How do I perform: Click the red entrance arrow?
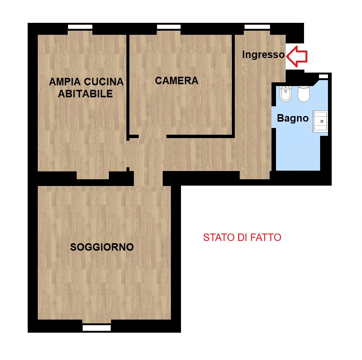pyautogui.click(x=297, y=57)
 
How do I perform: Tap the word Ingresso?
pyautogui.click(x=263, y=55)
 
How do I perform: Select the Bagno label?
pyautogui.click(x=293, y=118)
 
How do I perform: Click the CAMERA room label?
pyautogui.click(x=177, y=80)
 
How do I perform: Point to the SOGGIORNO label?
pyautogui.click(x=102, y=247)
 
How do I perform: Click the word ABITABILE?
pyautogui.click(x=85, y=94)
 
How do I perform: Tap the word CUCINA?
pyautogui.click(x=104, y=82)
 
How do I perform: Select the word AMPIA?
pyautogui.click(x=65, y=82)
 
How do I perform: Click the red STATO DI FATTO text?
pyautogui.click(x=242, y=238)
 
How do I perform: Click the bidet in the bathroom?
pyautogui.click(x=286, y=94)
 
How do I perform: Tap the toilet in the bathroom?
pyautogui.click(x=304, y=94)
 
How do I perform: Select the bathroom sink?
pyautogui.click(x=320, y=121)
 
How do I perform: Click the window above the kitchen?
pyautogui.click(x=80, y=27)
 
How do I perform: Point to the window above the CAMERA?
pyautogui.click(x=169, y=27)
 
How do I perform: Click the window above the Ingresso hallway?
pyautogui.click(x=257, y=27)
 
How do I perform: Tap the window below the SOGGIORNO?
pyautogui.click(x=97, y=328)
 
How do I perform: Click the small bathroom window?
pyautogui.click(x=323, y=76)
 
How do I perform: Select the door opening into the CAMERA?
pyautogui.click(x=153, y=137)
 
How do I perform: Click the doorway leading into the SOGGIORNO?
pyautogui.click(x=148, y=179)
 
